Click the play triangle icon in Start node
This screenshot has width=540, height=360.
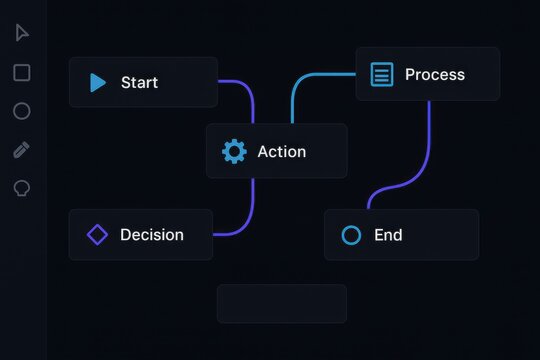click(97, 83)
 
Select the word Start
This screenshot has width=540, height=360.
click(139, 83)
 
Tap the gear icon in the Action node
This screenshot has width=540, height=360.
click(234, 152)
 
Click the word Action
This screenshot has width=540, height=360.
click(282, 152)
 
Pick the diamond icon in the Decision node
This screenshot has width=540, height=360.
click(97, 235)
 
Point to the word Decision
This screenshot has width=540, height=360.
click(152, 235)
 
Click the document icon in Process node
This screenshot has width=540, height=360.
click(381, 75)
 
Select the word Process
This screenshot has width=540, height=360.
click(435, 75)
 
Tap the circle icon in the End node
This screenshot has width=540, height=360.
click(351, 236)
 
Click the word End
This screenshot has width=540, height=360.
click(388, 236)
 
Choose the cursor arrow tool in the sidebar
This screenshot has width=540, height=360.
click(22, 33)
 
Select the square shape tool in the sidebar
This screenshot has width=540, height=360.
click(22, 72)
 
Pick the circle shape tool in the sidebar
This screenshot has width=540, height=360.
click(22, 111)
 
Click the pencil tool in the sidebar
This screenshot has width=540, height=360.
click(22, 150)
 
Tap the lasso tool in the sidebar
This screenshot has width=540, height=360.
click(22, 188)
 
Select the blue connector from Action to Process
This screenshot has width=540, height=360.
click(300, 84)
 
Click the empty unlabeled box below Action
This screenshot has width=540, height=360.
click(282, 303)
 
